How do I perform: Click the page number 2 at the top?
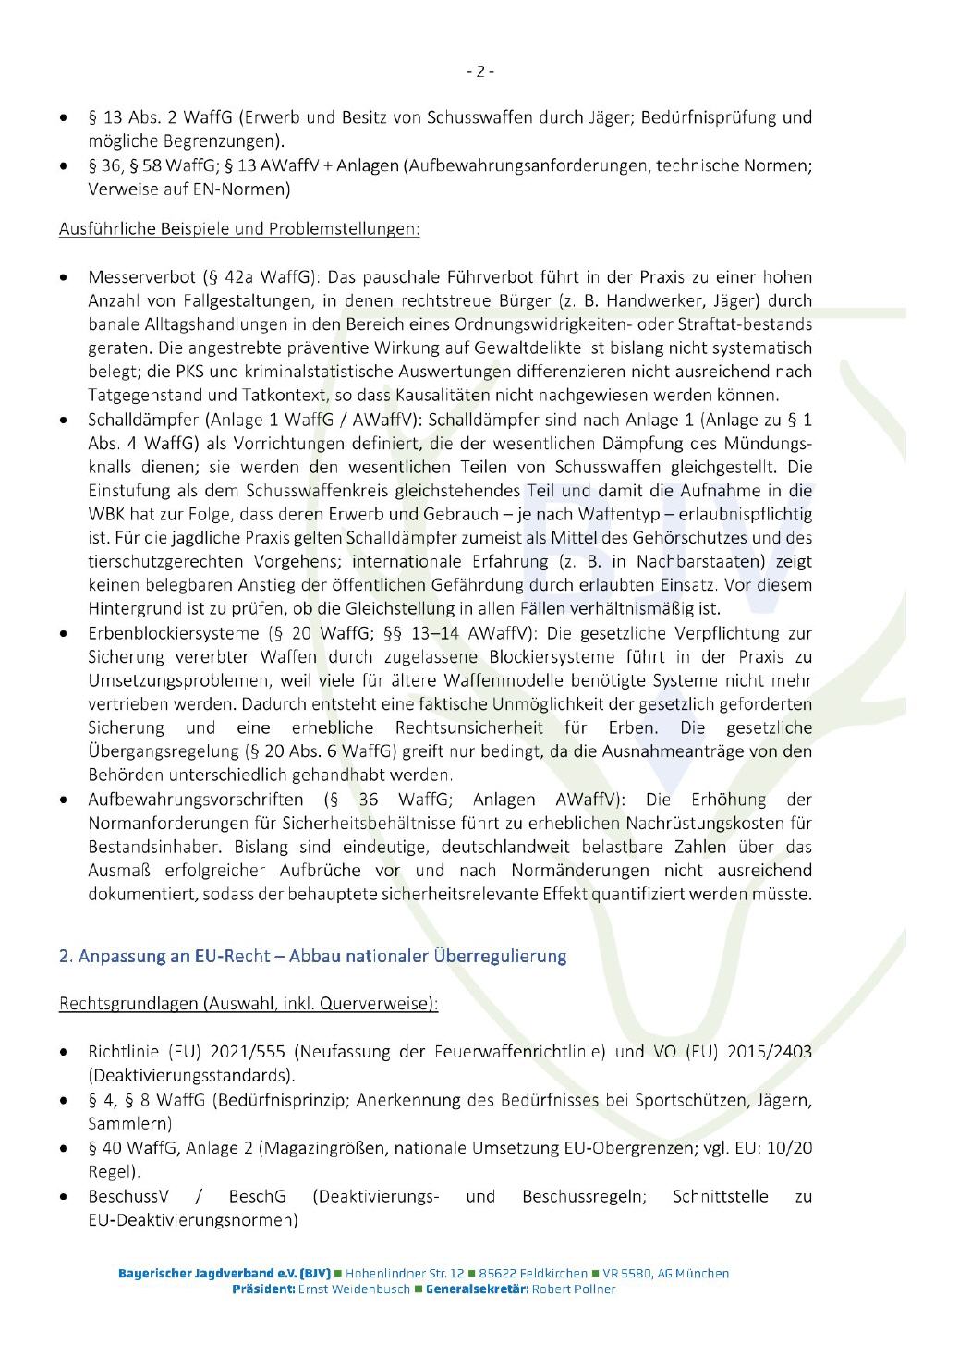tap(479, 71)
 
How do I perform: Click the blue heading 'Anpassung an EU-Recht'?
tap(312, 956)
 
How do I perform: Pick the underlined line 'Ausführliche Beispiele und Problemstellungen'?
tap(239, 228)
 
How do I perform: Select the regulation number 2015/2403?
tap(769, 1052)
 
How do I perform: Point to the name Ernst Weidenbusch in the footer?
tap(354, 1289)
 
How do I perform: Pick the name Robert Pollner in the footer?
tap(572, 1289)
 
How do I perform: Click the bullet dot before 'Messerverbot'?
tap(63, 277)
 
